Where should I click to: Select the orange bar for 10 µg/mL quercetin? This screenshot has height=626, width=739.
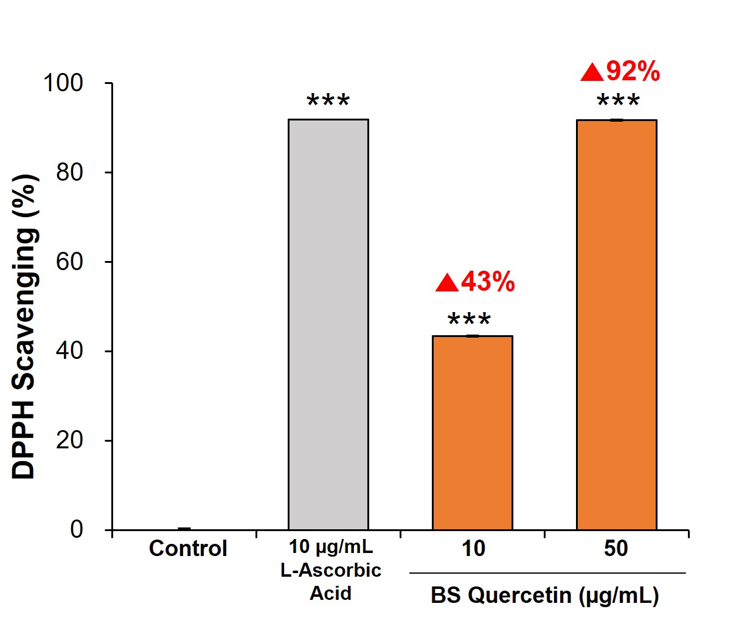473,433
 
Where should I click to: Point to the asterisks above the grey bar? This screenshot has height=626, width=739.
328,101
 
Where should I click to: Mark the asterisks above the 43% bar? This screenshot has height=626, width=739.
470,319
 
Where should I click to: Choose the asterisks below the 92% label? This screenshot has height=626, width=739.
618,102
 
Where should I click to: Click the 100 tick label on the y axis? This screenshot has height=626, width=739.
63,83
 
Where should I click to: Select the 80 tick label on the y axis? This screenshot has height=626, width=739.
69,172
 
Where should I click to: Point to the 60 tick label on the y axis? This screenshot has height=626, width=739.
69,262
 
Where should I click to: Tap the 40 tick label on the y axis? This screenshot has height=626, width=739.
69,351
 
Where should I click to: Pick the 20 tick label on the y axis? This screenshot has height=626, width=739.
69,440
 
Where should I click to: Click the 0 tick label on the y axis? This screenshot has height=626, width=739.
77,530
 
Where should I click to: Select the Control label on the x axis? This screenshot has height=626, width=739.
188,549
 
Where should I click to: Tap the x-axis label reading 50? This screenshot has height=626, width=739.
616,549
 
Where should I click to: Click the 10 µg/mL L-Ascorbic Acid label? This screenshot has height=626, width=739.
331,570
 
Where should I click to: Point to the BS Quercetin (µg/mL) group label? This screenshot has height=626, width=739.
545,596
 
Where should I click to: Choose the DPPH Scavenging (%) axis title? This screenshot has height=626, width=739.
26,327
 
